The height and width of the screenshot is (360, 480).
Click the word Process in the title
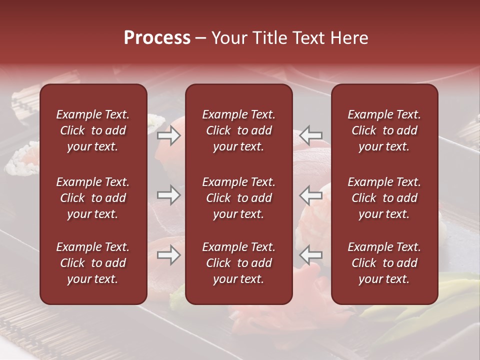(157, 38)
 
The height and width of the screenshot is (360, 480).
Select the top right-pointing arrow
(169, 135)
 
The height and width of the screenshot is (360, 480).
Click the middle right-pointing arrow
(169, 195)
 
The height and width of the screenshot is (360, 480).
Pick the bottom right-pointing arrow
(169, 255)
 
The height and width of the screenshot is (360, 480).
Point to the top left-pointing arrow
(311, 135)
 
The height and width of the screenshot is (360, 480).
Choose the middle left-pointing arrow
(311, 195)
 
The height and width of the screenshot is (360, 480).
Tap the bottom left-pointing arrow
(311, 255)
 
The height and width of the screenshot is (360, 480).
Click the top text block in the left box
(93, 130)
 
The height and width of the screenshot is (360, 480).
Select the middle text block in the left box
(93, 198)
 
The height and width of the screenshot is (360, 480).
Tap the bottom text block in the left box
(93, 263)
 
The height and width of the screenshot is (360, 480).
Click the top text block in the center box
(239, 130)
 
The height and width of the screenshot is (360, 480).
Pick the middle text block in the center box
(239, 198)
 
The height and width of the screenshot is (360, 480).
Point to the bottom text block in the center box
(239, 263)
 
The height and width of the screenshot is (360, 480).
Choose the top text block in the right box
(384, 130)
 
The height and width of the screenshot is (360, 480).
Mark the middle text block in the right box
(384, 198)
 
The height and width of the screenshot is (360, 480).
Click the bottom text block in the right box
(384, 263)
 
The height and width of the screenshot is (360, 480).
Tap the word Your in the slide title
(229, 38)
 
